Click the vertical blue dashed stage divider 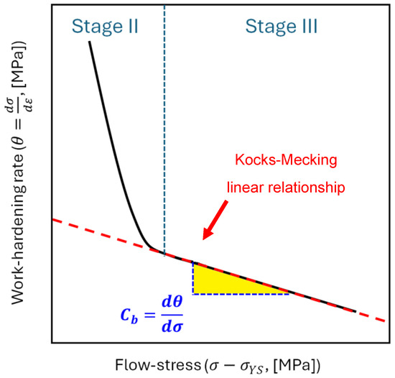(164, 108)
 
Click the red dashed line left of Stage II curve (86, 230)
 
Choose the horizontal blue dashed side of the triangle (241, 294)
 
